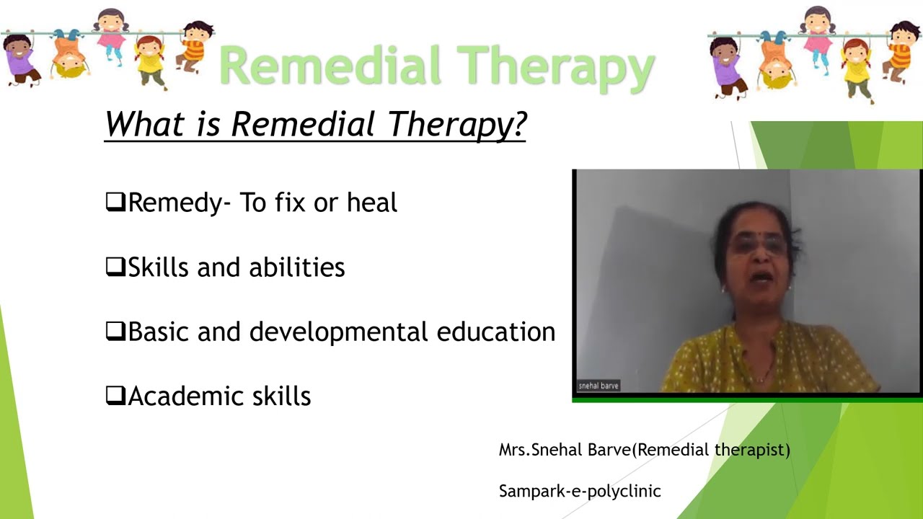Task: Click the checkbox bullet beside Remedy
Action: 115,203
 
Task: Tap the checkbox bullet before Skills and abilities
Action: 115,267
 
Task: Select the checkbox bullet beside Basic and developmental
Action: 115,332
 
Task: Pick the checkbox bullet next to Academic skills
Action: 115,396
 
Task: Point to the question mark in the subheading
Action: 518,124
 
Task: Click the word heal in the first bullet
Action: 371,203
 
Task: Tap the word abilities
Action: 296,267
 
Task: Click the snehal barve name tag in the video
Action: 599,386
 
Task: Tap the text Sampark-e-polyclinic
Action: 580,492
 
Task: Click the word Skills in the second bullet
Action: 159,267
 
